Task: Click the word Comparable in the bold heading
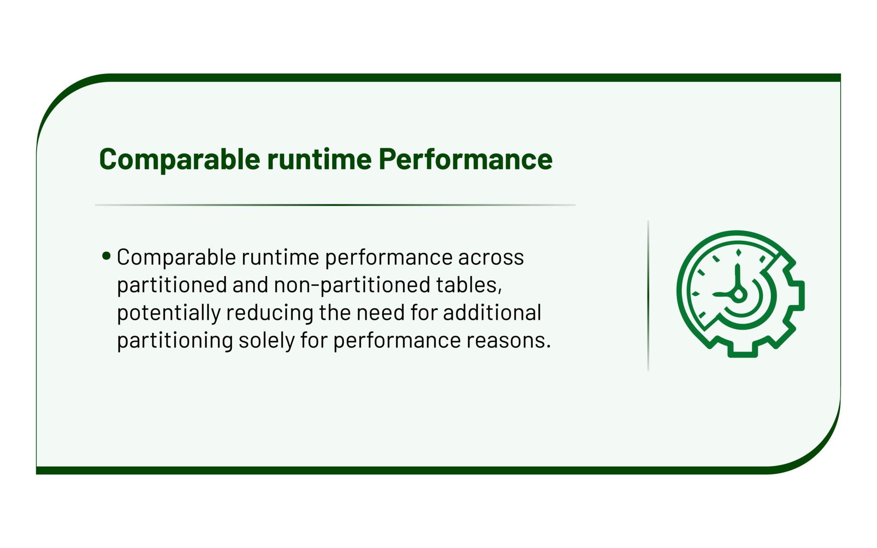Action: pos(180,160)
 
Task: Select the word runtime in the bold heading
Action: pos(319,159)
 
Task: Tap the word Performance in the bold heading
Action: pos(465,159)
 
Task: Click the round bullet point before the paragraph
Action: pos(107,256)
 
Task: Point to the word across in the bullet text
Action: pos(491,258)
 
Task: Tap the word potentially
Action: pos(169,313)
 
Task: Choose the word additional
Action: pos(492,313)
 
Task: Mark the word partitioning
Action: pos(175,341)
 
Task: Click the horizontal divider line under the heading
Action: pos(335,205)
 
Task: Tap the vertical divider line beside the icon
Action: pos(648,295)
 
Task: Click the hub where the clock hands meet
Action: pos(738,295)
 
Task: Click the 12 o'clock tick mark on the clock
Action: pos(739,253)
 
